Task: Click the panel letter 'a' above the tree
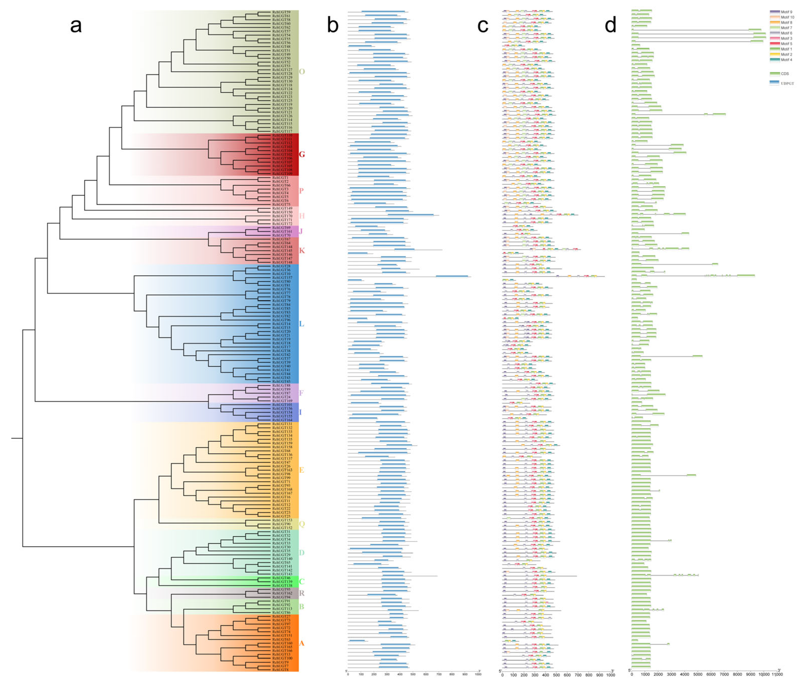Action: pos(76,26)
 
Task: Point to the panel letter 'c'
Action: pos(483,26)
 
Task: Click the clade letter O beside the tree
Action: pos(302,72)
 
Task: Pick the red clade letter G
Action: pos(302,154)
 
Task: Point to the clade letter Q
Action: pos(302,524)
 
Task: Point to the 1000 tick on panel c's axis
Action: pos(610,675)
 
